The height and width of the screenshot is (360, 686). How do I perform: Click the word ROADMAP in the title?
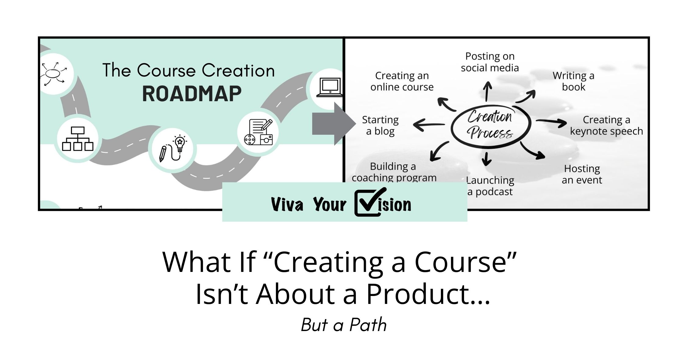[192, 94]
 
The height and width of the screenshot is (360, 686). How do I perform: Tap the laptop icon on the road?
[330, 87]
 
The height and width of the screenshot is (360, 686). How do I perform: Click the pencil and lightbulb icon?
[173, 149]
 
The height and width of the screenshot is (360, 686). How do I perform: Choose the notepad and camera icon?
[258, 132]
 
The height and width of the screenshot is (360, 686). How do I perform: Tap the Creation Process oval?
[491, 125]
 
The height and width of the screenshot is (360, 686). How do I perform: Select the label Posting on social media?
[490, 62]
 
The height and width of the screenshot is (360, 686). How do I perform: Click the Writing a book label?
[573, 81]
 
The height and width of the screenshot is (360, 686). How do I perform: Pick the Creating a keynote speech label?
[606, 125]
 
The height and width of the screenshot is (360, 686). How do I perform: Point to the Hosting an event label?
[582, 174]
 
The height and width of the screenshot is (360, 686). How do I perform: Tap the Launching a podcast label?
[490, 186]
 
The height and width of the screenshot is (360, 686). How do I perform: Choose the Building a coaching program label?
[394, 172]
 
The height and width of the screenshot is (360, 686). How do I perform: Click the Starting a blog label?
[380, 125]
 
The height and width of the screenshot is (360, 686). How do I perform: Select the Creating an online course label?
[402, 81]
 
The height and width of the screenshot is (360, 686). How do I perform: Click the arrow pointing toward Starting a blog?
[429, 125]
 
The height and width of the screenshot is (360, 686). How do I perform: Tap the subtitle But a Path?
[344, 325]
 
